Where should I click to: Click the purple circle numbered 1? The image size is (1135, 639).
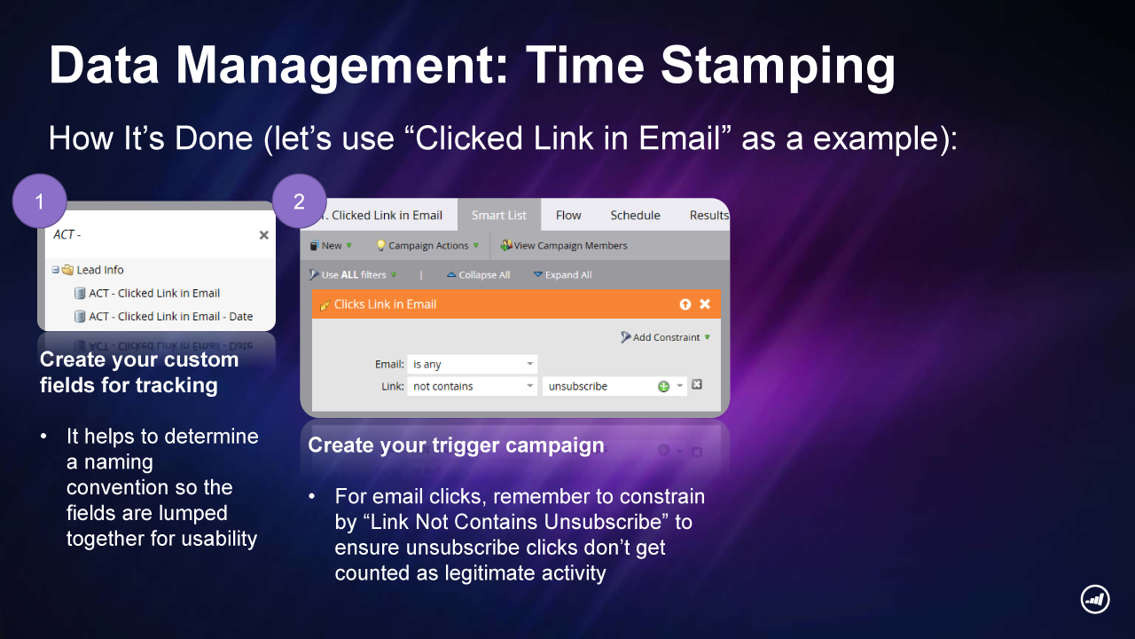[40, 201]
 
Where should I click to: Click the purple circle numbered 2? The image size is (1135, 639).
[299, 201]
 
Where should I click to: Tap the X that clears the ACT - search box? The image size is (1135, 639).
[263, 235]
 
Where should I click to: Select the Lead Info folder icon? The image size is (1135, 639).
[68, 269]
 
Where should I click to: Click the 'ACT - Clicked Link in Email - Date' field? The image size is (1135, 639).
[171, 317]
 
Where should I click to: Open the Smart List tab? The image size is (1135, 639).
[499, 215]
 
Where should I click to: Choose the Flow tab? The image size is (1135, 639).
[568, 215]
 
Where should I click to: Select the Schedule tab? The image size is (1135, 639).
[635, 215]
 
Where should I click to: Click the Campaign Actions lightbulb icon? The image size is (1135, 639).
[381, 246]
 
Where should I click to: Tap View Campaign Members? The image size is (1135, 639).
[563, 246]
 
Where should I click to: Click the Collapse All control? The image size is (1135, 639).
[478, 275]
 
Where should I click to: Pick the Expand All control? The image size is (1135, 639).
[562, 275]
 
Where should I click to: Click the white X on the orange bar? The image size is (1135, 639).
[705, 304]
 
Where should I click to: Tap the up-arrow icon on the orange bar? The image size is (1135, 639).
[685, 304]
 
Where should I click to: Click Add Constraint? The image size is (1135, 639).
[665, 337]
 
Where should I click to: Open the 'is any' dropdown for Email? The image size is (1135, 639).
[473, 364]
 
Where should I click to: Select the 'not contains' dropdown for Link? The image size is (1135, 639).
[473, 386]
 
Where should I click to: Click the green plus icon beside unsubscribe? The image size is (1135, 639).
[663, 386]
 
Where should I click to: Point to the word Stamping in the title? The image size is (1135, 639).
[779, 66]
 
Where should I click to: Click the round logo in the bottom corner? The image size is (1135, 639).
[1095, 599]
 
